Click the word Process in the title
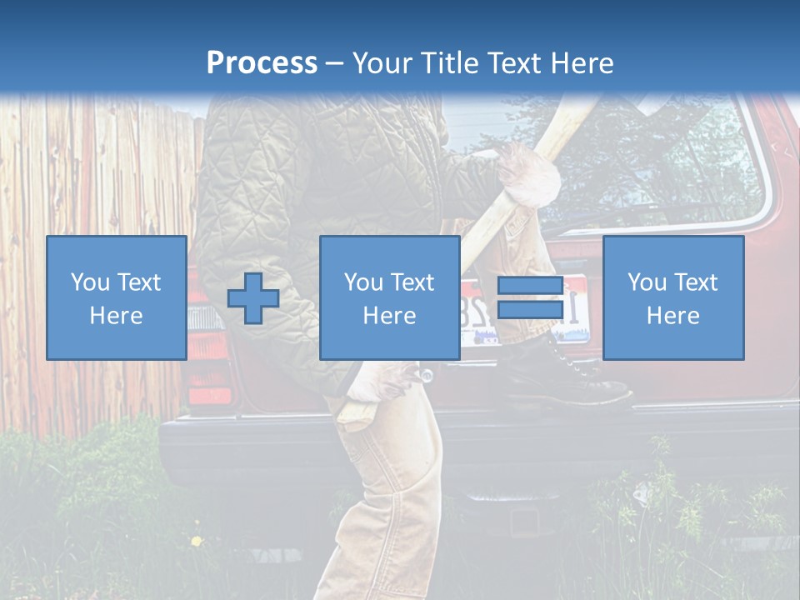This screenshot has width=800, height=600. (262, 63)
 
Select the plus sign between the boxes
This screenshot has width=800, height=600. (253, 298)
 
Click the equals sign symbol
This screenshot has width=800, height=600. (530, 297)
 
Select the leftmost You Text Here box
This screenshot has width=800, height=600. (117, 298)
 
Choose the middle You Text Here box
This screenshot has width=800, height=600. (390, 298)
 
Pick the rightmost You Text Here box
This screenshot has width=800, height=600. (673, 298)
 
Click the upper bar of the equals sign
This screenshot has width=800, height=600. (530, 286)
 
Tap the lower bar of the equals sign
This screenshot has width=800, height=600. (530, 309)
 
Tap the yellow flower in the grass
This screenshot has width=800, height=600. (197, 541)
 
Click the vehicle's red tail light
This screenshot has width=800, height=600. (207, 367)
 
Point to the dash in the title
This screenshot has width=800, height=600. (334, 64)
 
